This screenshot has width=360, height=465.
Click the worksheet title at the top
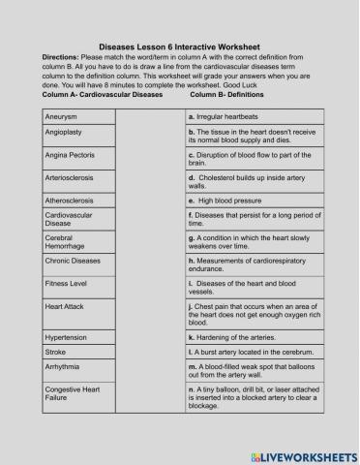tap(180, 45)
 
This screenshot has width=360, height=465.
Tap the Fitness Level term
tap(65, 285)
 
